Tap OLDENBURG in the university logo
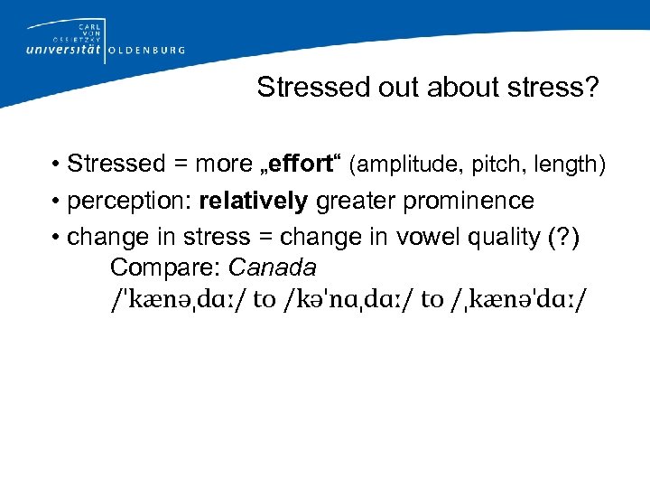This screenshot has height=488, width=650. pyautogui.click(x=146, y=51)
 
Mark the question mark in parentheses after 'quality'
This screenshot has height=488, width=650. pyautogui.click(x=557, y=236)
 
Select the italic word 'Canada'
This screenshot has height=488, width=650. pyautogui.click(x=272, y=268)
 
